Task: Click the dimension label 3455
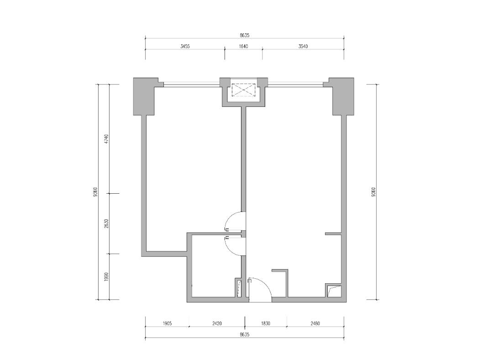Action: [185, 47]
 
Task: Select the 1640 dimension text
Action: [243, 47]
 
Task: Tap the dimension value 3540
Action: [303, 47]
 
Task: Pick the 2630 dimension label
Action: [106, 224]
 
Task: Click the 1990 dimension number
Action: [106, 276]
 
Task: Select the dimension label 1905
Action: [167, 323]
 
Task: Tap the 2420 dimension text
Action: [217, 323]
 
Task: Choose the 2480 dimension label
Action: [315, 323]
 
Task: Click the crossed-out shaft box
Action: [243, 90]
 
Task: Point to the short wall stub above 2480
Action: [333, 234]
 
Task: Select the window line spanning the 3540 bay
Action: [295, 85]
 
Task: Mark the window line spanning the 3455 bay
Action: [191, 85]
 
